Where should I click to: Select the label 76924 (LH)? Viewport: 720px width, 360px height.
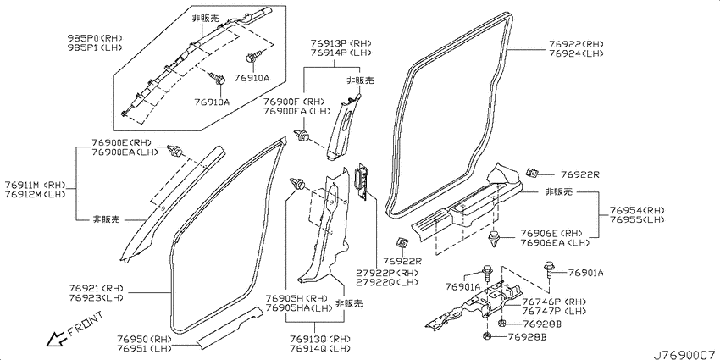coord(576,53)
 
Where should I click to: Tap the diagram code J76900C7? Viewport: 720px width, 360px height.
coord(685,355)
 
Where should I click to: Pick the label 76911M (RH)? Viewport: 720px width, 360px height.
coord(36,186)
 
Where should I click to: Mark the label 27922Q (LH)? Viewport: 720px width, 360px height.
coord(387,281)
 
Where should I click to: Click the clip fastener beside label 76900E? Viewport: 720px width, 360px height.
coord(176,150)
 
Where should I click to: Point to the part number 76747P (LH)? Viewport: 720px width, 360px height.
coord(553,311)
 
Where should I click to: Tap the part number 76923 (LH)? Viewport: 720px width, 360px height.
coord(97,297)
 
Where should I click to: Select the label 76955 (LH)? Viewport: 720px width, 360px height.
coord(637,219)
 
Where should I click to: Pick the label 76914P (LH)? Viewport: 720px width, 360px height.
coord(341,53)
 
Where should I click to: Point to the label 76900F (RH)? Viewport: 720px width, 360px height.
coord(294,102)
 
